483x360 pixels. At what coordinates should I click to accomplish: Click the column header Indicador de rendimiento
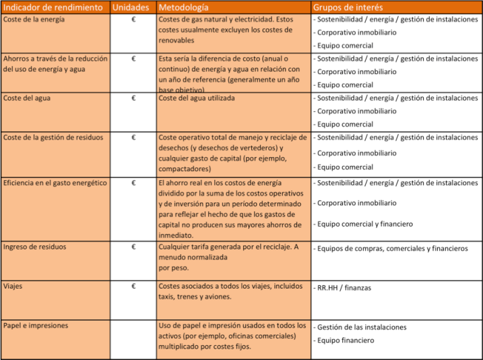[x=54, y=7]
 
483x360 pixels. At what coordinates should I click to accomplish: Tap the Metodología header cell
[x=183, y=7]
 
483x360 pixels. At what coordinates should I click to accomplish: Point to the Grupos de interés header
[x=348, y=7]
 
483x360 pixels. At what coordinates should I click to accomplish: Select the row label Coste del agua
[x=27, y=98]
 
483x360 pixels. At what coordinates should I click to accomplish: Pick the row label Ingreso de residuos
[x=35, y=247]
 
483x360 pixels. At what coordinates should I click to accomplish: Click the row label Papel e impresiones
[x=35, y=326]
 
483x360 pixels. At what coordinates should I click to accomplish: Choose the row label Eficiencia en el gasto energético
[x=55, y=183]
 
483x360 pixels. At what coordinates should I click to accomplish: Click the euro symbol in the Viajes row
[x=133, y=287]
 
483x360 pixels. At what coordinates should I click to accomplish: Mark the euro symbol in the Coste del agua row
[x=133, y=98]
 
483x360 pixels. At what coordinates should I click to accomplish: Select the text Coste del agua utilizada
[x=197, y=98]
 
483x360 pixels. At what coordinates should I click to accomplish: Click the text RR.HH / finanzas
[x=344, y=288]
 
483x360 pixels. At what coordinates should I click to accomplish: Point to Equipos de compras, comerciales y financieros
[x=391, y=248]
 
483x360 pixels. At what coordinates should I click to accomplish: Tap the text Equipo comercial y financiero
[x=364, y=224]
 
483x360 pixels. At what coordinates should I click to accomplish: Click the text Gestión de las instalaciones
[x=362, y=327]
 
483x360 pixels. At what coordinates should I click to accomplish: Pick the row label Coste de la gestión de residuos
[x=53, y=138]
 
